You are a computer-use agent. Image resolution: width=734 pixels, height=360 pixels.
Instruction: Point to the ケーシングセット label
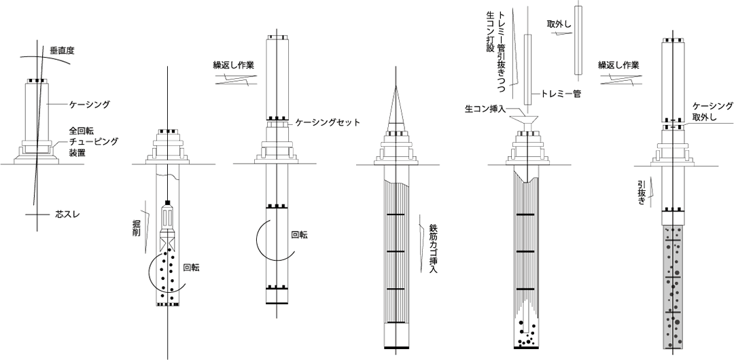click(x=328, y=123)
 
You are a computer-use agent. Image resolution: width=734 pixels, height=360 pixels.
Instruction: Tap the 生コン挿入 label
click(x=483, y=109)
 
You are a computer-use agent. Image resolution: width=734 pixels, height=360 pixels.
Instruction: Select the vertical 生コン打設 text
click(x=491, y=38)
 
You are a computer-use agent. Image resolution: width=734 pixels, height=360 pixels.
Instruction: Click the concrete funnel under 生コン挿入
click(x=527, y=122)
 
